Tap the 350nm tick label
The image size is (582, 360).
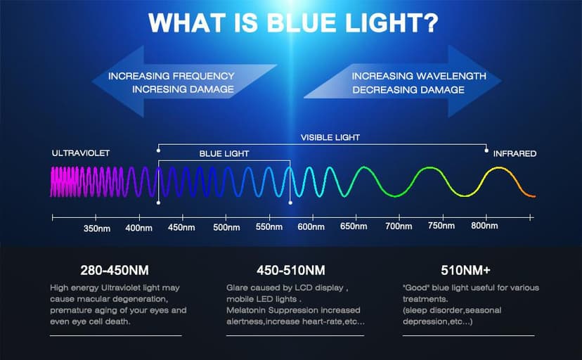point(97,229)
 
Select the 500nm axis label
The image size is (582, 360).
point(226,227)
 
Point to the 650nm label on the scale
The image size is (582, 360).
point(354,226)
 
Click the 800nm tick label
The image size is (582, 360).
point(484,225)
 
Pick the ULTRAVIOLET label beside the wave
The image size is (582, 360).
point(81,153)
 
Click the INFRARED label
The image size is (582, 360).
point(515,153)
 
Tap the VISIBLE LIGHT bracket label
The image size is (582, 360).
point(330,137)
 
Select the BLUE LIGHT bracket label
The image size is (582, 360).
point(224,154)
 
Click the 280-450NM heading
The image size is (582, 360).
point(115,270)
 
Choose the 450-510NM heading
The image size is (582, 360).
point(291,270)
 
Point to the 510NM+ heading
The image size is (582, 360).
point(466,270)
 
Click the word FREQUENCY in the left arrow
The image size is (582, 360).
point(203,76)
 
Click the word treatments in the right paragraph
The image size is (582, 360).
point(425,299)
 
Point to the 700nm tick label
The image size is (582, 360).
point(399,226)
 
